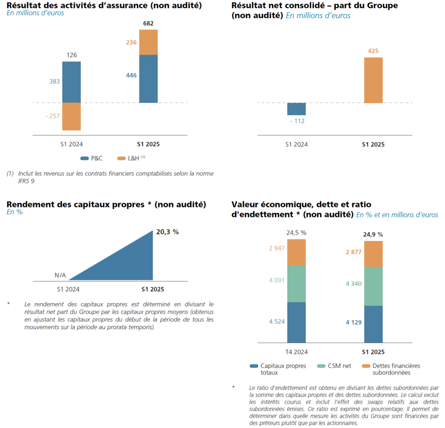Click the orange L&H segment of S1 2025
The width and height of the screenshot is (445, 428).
(x=148, y=42)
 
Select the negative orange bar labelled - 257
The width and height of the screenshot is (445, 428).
(x=71, y=116)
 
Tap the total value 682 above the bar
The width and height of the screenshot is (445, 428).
(x=148, y=23)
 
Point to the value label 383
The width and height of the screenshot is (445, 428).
(x=54, y=82)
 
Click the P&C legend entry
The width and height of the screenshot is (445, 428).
(x=92, y=158)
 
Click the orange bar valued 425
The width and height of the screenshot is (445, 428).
(x=373, y=80)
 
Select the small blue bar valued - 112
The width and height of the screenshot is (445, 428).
(x=296, y=109)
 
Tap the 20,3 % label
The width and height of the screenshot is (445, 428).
(x=167, y=232)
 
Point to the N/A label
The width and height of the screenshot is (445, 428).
(x=60, y=275)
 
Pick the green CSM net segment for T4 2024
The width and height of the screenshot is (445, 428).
(x=296, y=284)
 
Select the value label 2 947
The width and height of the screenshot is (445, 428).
(x=276, y=248)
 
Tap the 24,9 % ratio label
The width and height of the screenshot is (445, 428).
(x=373, y=235)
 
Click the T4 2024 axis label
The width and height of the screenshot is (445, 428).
(x=296, y=352)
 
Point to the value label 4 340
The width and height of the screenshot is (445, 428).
(x=353, y=284)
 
